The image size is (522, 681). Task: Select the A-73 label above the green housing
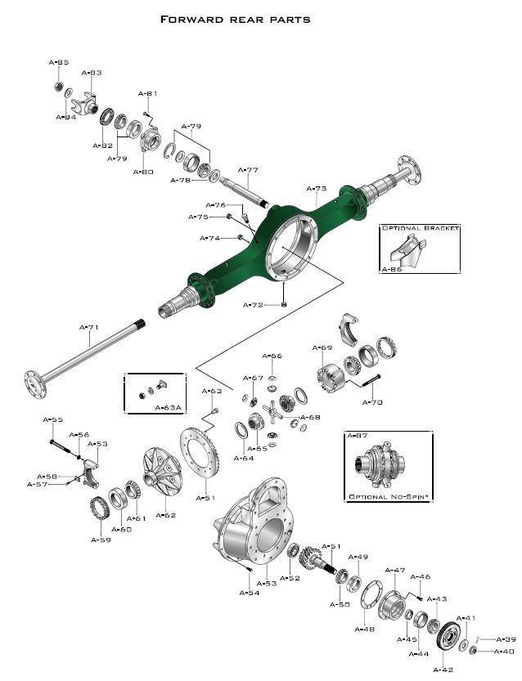point(316,188)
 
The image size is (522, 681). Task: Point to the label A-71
point(88,327)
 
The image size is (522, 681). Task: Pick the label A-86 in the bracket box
point(392,268)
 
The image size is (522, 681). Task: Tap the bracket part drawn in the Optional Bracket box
point(407,250)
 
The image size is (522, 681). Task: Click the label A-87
point(358,437)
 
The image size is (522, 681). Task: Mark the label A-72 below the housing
point(254,305)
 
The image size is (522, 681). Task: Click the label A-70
point(372,402)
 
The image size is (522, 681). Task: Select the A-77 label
point(248,170)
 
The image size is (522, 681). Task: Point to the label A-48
point(364,629)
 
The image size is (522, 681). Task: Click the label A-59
point(100,540)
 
